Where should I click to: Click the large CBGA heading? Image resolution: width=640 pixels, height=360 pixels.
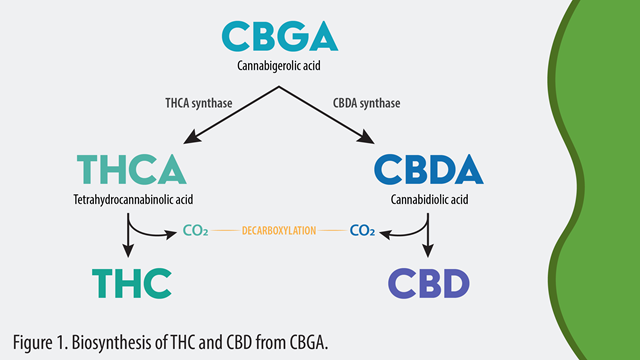tap(280, 36)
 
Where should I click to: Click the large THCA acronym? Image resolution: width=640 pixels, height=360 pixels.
tap(130, 169)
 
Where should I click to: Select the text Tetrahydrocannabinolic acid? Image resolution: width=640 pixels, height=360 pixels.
tap(130, 200)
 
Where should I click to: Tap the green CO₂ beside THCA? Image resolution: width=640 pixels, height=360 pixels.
tap(196, 231)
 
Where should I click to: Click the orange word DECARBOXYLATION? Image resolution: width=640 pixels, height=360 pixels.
tap(279, 231)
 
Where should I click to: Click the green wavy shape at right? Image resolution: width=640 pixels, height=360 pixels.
tap(600, 180)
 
